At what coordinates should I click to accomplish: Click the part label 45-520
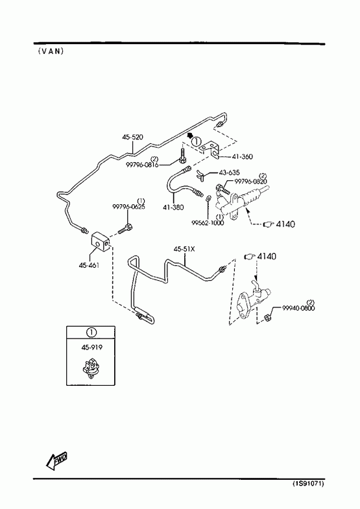tap(132, 137)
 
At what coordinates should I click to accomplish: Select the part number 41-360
tap(242, 156)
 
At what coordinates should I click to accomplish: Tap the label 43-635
tap(230, 172)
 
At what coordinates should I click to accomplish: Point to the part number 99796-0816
tap(142, 165)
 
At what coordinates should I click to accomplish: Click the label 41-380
tap(173, 207)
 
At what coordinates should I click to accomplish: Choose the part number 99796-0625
tap(129, 206)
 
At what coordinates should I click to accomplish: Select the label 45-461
tap(89, 265)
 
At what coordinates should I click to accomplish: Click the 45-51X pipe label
tap(184, 249)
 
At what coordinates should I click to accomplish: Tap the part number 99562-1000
tap(208, 222)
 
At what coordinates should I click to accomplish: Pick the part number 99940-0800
tap(298, 308)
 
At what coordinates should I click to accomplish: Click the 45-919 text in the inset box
tap(92, 348)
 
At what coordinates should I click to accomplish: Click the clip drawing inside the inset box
tap(90, 368)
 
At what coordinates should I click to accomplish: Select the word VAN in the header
tap(51, 51)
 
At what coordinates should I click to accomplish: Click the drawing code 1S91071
tap(308, 484)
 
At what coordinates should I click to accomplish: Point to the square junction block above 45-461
tap(100, 241)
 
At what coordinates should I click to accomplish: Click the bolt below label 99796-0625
tap(125, 228)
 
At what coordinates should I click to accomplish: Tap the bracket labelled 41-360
tap(209, 150)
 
